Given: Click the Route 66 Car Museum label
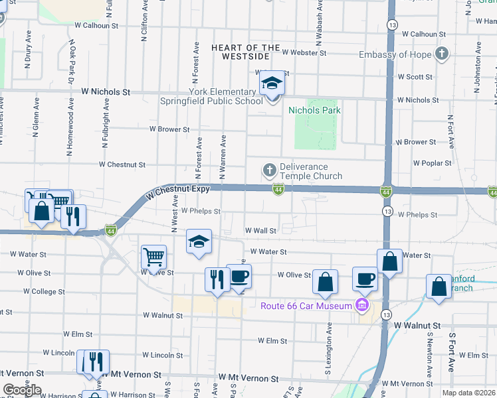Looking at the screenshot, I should point(306,306).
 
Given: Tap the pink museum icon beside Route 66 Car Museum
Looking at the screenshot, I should point(362,305).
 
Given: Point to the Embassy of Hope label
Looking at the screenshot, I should point(395,55).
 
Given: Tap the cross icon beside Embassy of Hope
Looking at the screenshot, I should point(442,54).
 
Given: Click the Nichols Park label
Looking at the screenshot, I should point(313,110).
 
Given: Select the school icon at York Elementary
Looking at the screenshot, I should point(271,84).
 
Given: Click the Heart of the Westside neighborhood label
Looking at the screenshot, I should point(246,52).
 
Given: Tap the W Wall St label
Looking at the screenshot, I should point(260,230).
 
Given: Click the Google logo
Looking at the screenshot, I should point(22,389).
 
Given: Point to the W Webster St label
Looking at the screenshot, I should point(304,52).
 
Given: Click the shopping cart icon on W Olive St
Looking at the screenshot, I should point(154,256).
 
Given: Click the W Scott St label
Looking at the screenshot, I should point(414,77).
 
